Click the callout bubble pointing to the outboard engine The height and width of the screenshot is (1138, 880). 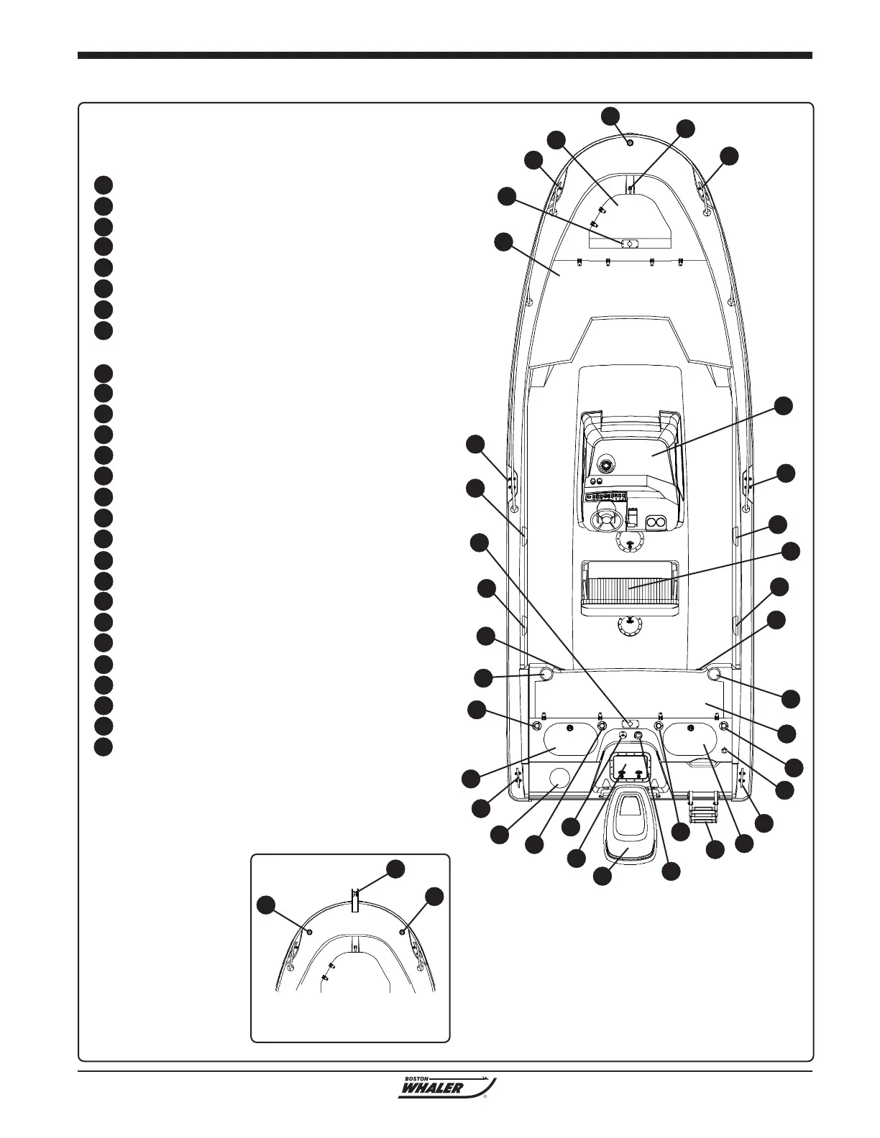[x=604, y=876]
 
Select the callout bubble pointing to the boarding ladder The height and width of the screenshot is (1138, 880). [x=715, y=849]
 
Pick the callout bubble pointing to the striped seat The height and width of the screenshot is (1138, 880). [x=791, y=552]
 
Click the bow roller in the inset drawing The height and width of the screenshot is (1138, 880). [x=355, y=899]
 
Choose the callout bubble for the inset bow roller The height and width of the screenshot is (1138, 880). [x=394, y=869]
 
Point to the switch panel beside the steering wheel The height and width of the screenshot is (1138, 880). [x=607, y=496]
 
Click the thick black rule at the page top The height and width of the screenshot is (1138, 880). [x=444, y=55]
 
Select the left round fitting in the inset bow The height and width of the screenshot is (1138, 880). [x=309, y=931]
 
